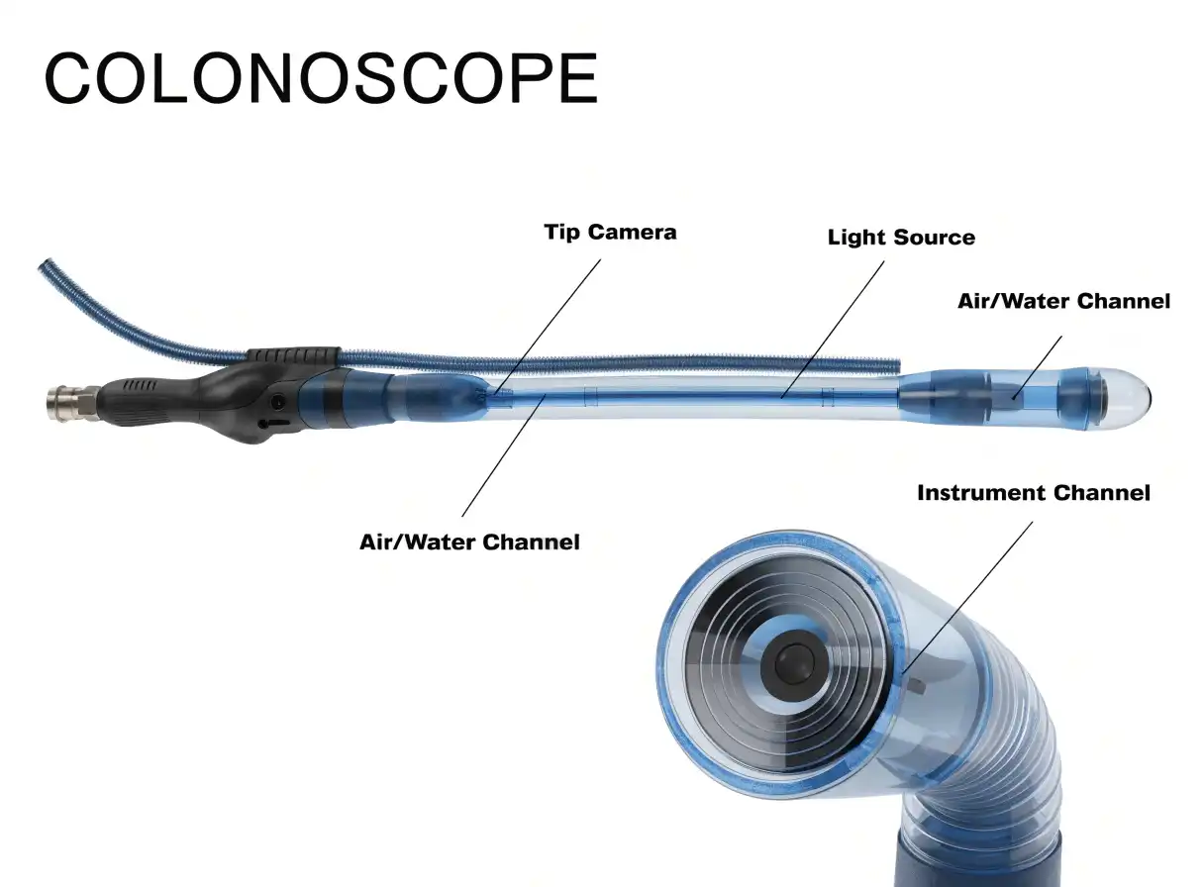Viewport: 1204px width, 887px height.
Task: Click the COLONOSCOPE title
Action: (x=321, y=78)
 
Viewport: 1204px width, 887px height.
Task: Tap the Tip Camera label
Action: (x=610, y=233)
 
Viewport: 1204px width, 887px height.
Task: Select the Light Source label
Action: (x=901, y=238)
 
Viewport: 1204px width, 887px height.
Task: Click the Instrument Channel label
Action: (x=1034, y=493)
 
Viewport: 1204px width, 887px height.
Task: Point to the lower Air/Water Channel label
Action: (x=469, y=542)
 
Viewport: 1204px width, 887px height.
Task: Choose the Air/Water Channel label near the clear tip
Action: (x=1063, y=301)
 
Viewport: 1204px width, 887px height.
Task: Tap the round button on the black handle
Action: (x=278, y=401)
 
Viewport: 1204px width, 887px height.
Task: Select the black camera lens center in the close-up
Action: (x=794, y=666)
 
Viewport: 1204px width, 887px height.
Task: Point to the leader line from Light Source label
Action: (x=833, y=330)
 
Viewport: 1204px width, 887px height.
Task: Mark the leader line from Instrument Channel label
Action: (x=967, y=597)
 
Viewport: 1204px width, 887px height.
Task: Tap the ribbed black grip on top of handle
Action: (x=293, y=355)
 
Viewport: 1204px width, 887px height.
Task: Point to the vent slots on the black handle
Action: (x=139, y=385)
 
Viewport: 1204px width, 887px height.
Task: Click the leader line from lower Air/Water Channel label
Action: (x=504, y=455)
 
